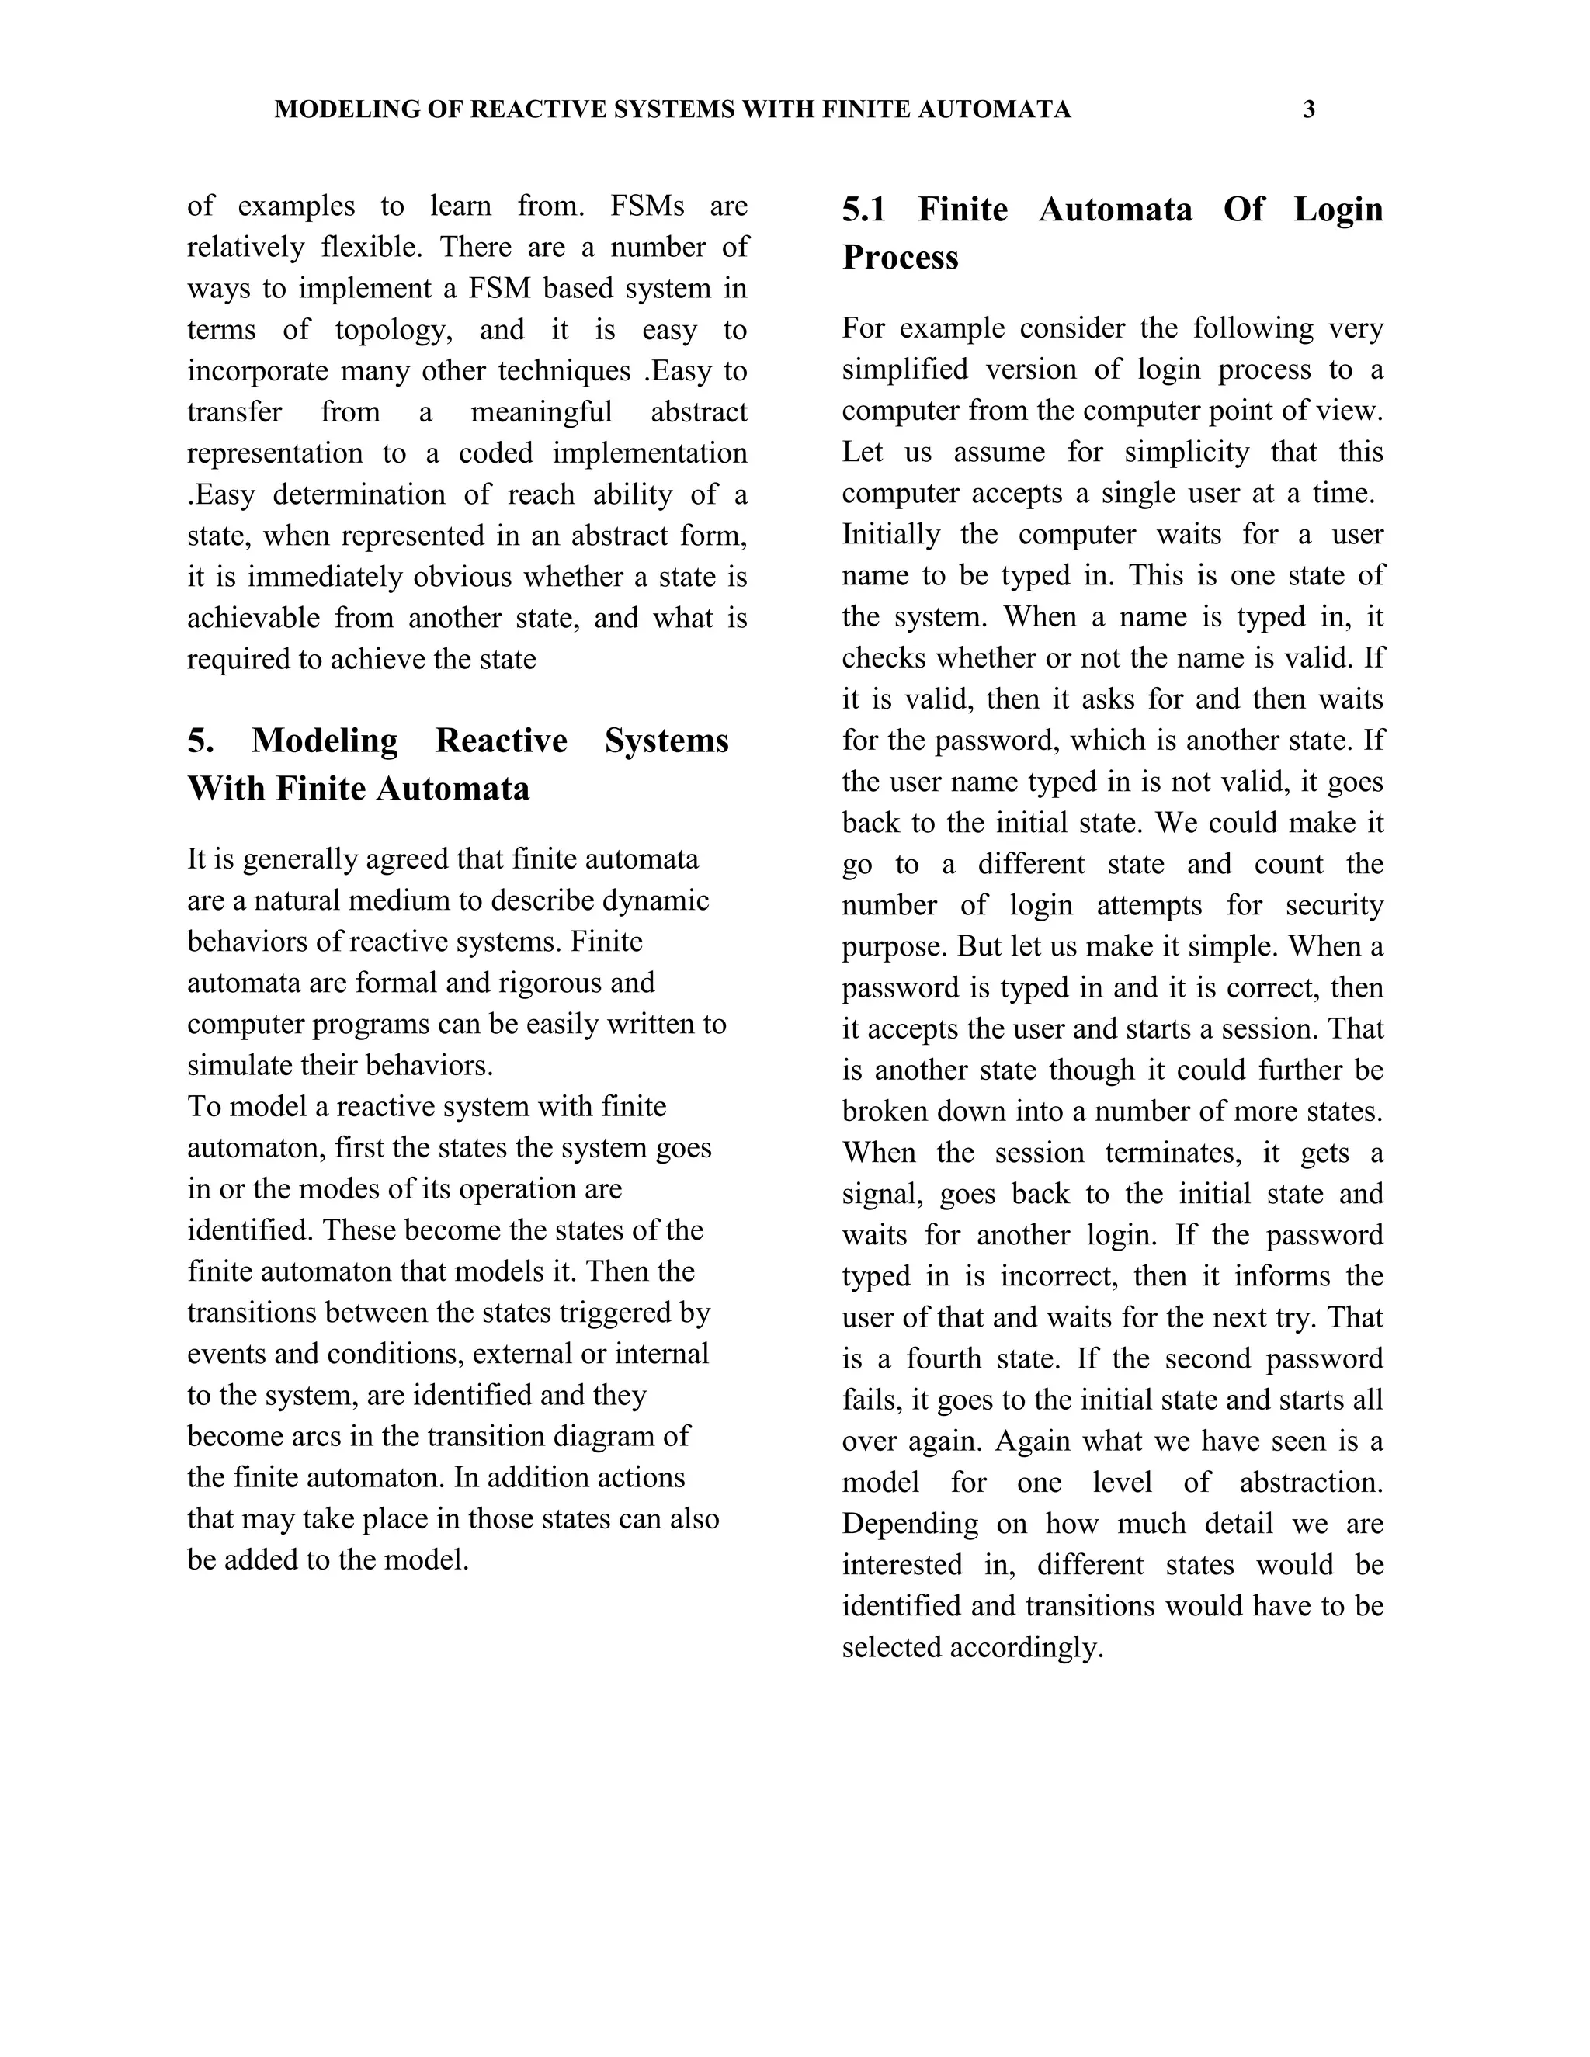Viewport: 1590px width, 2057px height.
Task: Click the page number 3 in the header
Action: coord(1308,110)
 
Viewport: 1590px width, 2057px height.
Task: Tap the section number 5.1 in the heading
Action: coord(864,209)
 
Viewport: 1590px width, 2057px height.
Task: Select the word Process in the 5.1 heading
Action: coord(900,257)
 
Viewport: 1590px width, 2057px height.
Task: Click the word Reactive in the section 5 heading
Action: coord(501,741)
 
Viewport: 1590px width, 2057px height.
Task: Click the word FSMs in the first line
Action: coord(647,206)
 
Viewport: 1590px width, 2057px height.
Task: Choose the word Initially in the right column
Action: coord(890,534)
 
